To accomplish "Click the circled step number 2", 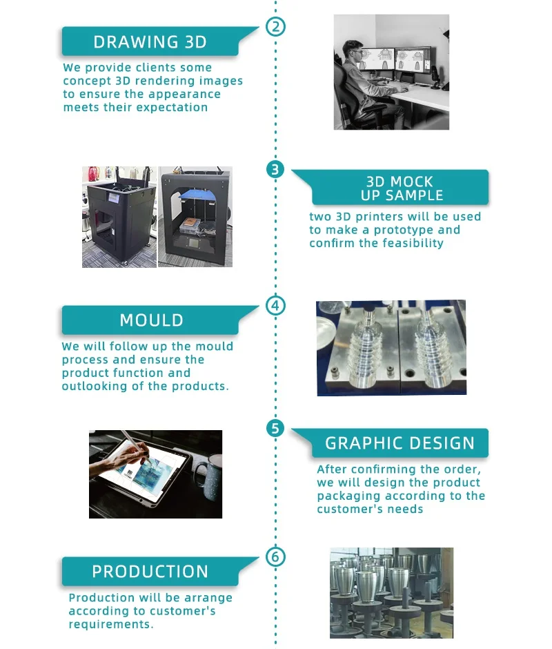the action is pyautogui.click(x=275, y=28).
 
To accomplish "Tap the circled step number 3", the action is pyautogui.click(x=275, y=169).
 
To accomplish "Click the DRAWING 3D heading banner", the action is pyautogui.click(x=150, y=41).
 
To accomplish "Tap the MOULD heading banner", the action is pyautogui.click(x=151, y=320).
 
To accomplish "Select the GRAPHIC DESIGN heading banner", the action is pyautogui.click(x=400, y=443).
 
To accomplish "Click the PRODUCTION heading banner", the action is pyautogui.click(x=150, y=572).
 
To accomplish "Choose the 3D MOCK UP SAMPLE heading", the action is pyautogui.click(x=400, y=188).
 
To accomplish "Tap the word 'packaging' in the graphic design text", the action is pyautogui.click(x=348, y=496).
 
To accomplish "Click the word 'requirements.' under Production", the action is pyautogui.click(x=110, y=624).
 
